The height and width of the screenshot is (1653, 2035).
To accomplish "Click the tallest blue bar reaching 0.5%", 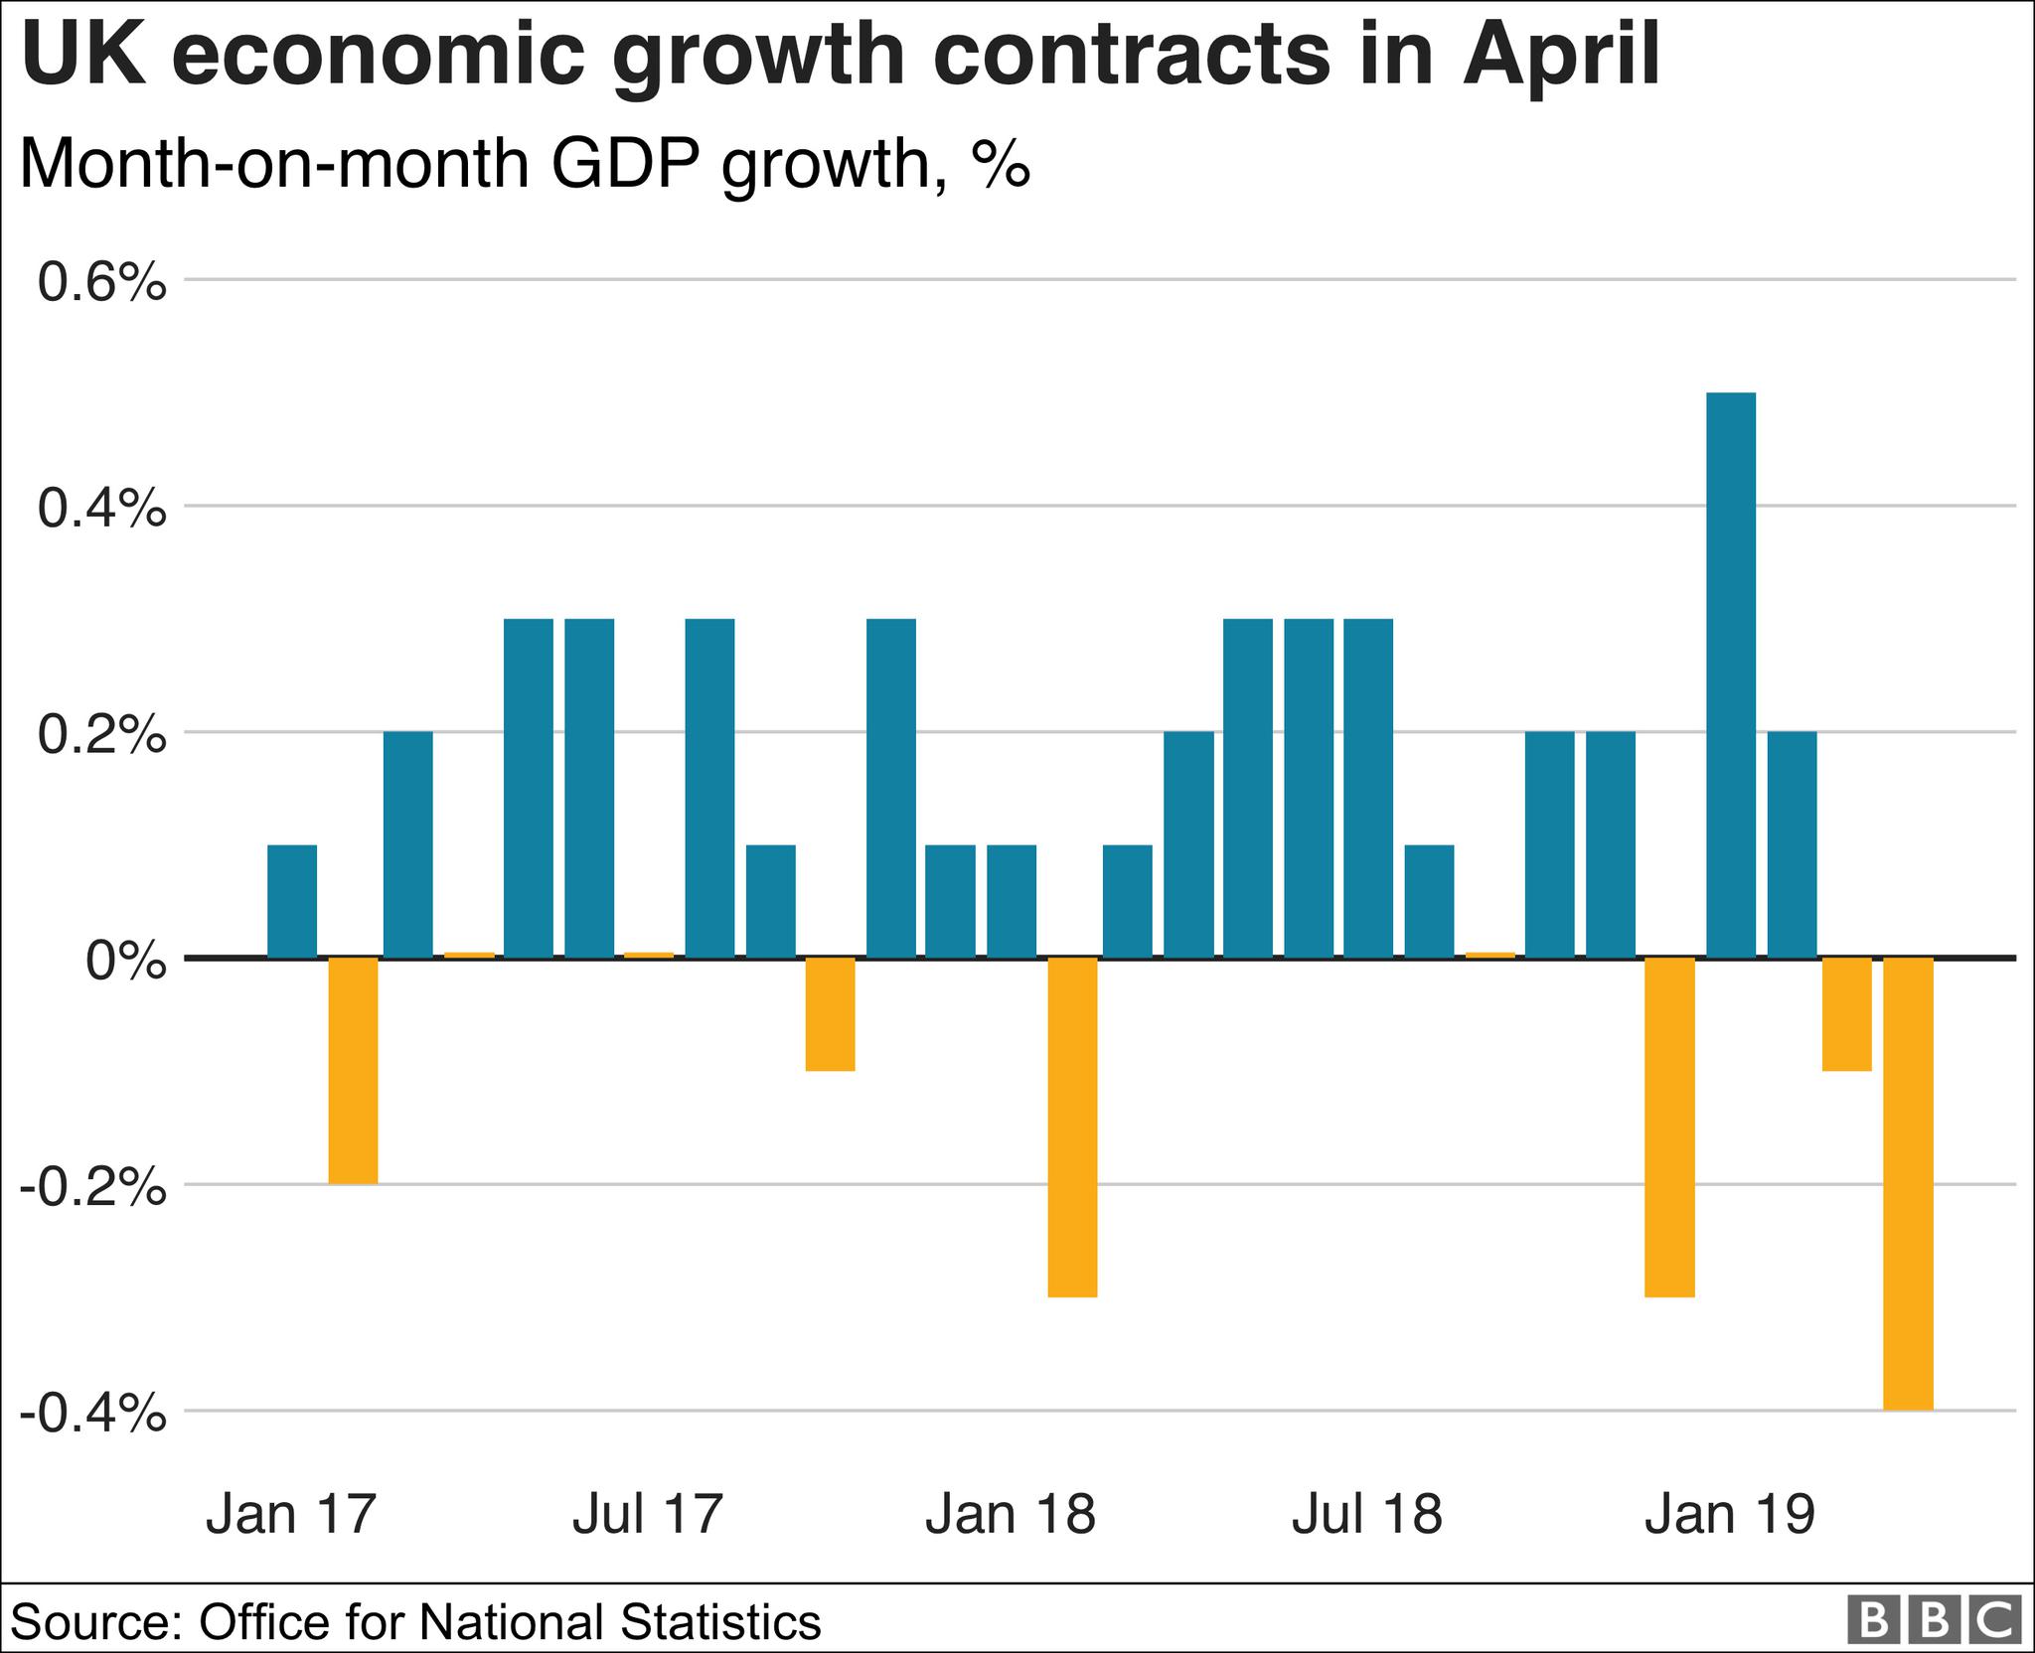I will [1730, 676].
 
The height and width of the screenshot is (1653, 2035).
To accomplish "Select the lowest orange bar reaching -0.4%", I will [1909, 1182].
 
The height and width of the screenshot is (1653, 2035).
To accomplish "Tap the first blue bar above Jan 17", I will [292, 901].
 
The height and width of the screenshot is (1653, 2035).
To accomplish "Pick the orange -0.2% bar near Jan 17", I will [353, 1070].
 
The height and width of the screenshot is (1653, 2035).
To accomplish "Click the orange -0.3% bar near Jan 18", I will [1073, 1127].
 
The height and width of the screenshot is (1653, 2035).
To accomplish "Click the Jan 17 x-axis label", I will [292, 1515].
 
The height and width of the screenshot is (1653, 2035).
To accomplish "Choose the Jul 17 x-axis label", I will [647, 1515].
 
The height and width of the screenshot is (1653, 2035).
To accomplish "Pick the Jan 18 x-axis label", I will [1011, 1515].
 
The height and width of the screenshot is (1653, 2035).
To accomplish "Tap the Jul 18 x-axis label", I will [1367, 1515].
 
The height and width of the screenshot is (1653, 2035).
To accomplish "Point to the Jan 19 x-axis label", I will [1730, 1515].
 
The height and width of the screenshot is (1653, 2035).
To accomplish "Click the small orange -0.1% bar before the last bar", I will [1847, 1013].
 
